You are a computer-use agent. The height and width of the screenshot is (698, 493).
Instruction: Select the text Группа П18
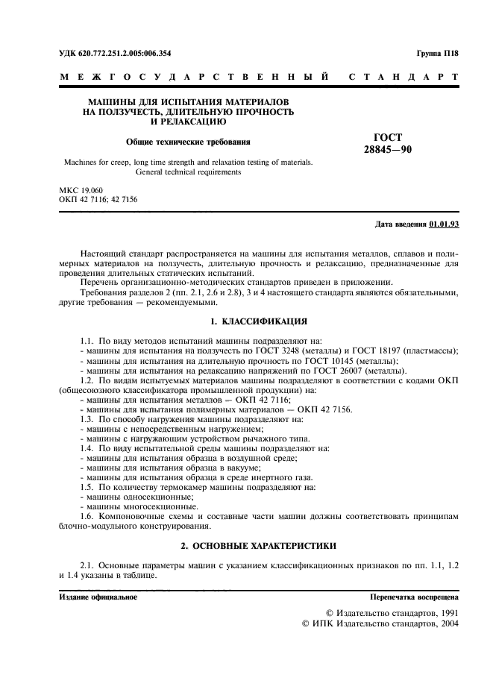(x=438, y=54)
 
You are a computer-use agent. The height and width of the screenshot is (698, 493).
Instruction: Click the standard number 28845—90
(x=386, y=149)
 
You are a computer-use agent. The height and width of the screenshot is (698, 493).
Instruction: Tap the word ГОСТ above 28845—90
(x=386, y=137)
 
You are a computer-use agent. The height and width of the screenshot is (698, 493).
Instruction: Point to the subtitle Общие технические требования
(x=187, y=140)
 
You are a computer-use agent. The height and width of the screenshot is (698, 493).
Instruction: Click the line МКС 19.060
(x=81, y=191)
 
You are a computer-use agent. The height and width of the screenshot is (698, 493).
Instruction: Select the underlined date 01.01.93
(x=445, y=223)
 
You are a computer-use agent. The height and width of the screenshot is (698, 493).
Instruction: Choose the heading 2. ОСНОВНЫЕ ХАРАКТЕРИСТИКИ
(x=258, y=546)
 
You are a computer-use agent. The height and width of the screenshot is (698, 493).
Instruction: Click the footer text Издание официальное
(x=98, y=597)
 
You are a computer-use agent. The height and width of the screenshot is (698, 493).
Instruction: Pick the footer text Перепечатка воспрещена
(x=415, y=597)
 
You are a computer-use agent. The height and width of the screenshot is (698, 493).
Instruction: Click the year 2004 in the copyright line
(x=447, y=623)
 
